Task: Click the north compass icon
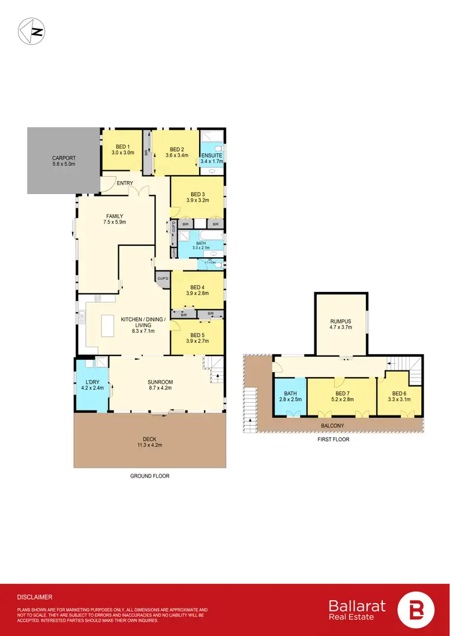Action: pyautogui.click(x=31, y=31)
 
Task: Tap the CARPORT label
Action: pyautogui.click(x=62, y=158)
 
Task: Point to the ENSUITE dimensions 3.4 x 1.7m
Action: pyautogui.click(x=212, y=161)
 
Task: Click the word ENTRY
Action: pyautogui.click(x=125, y=183)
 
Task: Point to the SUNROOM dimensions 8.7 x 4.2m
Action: pyautogui.click(x=160, y=388)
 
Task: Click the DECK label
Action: pyautogui.click(x=150, y=438)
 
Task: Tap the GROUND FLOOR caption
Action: pyautogui.click(x=150, y=476)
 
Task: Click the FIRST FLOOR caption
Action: pyautogui.click(x=334, y=439)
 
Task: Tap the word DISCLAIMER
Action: pyautogui.click(x=35, y=597)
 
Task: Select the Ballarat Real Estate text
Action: pyautogui.click(x=357, y=610)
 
